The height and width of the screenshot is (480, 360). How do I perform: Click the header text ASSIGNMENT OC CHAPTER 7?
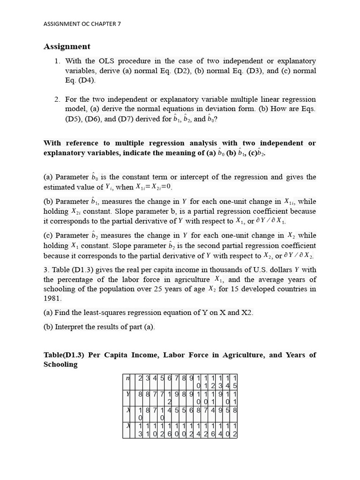82,23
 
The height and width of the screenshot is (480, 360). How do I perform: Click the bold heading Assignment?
67,46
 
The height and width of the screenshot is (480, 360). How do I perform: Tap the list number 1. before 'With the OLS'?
57,61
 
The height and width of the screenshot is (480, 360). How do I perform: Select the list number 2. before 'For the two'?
57,99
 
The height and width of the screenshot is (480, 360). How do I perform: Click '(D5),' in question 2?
74,119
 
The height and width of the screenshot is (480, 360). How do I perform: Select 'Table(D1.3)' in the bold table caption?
65,355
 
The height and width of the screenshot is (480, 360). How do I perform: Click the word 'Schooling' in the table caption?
60,365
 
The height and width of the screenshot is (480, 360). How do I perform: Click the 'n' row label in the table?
127,378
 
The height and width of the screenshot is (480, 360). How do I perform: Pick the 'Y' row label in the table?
127,395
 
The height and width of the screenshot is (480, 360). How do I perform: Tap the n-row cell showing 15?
234,382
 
